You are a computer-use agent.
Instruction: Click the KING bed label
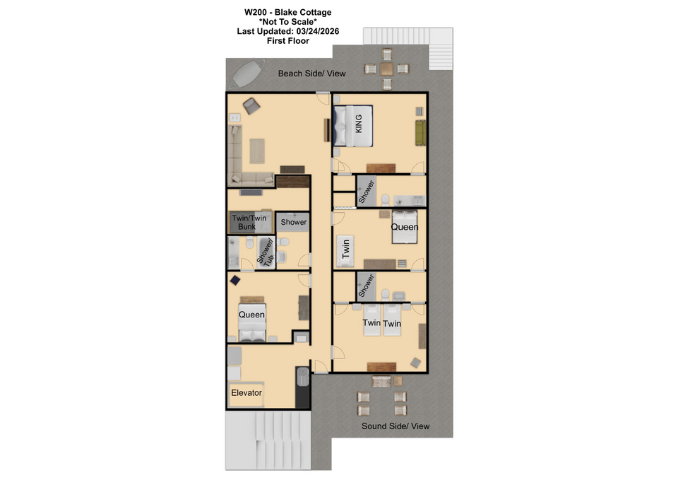pyautogui.click(x=358, y=124)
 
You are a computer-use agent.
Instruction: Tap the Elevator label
pyautogui.click(x=246, y=393)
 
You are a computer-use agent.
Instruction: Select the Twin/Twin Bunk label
pyautogui.click(x=249, y=222)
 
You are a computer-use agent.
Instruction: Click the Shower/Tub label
pyautogui.click(x=266, y=252)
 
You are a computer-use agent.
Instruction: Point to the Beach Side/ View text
pyautogui.click(x=311, y=74)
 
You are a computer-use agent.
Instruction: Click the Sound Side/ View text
pyautogui.click(x=395, y=426)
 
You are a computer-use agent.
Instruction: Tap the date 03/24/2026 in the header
pyautogui.click(x=318, y=31)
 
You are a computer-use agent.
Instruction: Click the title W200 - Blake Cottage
pyautogui.click(x=288, y=12)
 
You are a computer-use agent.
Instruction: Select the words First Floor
pyautogui.click(x=288, y=41)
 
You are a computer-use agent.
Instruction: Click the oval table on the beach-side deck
pyautogui.click(x=247, y=74)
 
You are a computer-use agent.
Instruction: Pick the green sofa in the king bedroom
pyautogui.click(x=420, y=133)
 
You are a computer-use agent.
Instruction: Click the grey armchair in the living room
pyautogui.click(x=251, y=105)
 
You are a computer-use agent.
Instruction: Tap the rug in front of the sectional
pyautogui.click(x=257, y=151)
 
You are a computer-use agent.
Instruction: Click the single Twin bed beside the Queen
pyautogui.click(x=345, y=251)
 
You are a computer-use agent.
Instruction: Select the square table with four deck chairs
pyautogui.click(x=387, y=69)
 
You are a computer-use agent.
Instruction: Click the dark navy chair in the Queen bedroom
pyautogui.click(x=234, y=281)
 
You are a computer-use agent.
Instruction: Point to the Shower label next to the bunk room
pyautogui.click(x=294, y=222)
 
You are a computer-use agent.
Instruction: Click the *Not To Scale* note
pyautogui.click(x=288, y=22)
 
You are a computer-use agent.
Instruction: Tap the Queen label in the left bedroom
pyautogui.click(x=251, y=315)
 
